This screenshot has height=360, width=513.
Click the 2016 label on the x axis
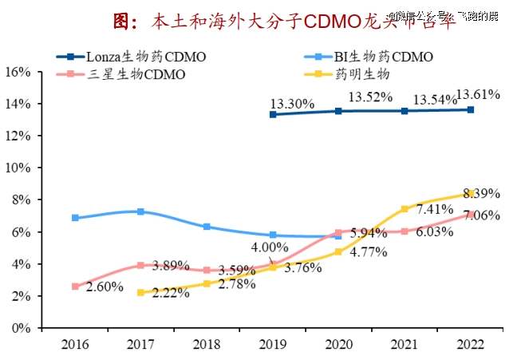tap(75, 345)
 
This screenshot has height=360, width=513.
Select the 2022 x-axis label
tap(471, 345)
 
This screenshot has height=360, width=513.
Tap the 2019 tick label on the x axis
tap(273, 345)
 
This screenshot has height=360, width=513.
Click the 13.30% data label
tap(292, 103)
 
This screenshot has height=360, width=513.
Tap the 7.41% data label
tap(434, 209)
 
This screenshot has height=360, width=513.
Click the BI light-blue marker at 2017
tap(141, 212)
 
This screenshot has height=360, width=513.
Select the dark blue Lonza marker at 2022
tap(471, 109)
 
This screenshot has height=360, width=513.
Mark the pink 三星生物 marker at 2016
tap(75, 286)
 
